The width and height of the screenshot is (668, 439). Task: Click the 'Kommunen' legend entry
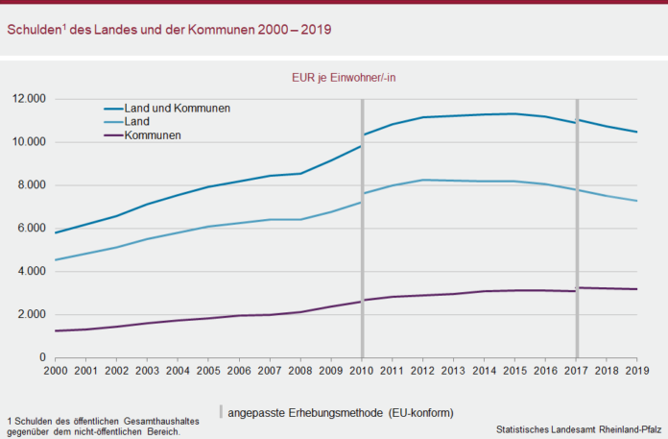[x=153, y=135]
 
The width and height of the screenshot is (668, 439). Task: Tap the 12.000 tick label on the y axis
[x=30, y=99]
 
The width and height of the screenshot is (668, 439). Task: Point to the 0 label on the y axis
[x=42, y=358]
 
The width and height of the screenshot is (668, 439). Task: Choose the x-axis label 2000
[x=57, y=370]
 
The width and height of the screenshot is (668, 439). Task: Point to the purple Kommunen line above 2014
[x=485, y=291]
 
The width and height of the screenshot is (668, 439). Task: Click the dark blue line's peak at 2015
[x=515, y=113]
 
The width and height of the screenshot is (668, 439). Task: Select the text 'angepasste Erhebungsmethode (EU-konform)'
[x=341, y=412]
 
